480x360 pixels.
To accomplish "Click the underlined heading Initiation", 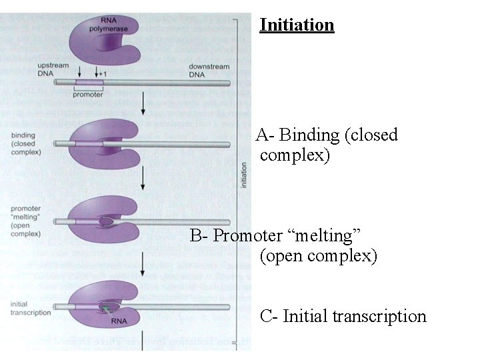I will pyautogui.click(x=297, y=25).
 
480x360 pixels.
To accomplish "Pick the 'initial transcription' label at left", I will pyautogui.click(x=31, y=308).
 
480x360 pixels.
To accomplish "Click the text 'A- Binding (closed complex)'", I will pyautogui.click(x=326, y=145).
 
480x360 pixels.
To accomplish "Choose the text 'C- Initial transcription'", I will pyautogui.click(x=343, y=316).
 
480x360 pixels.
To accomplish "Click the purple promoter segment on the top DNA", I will pyautogui.click(x=89, y=83).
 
